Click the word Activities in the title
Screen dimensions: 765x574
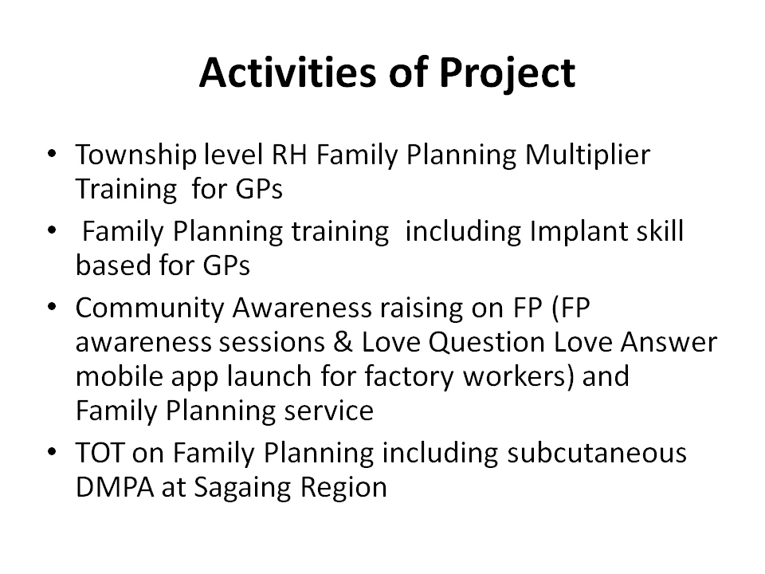(x=288, y=73)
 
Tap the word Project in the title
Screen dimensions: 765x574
(x=508, y=73)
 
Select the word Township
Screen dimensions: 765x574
(x=136, y=155)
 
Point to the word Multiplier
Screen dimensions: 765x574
(x=588, y=155)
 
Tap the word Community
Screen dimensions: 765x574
(x=150, y=309)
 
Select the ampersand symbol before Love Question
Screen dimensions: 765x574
(x=343, y=342)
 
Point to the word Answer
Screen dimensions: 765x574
(x=669, y=342)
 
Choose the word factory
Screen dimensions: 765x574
(x=409, y=377)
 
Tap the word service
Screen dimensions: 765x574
(x=329, y=411)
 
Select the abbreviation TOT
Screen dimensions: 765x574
(x=100, y=453)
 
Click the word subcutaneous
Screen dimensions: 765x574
(x=597, y=453)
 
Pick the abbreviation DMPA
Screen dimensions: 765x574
(x=115, y=486)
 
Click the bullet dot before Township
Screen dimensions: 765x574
(x=53, y=155)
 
